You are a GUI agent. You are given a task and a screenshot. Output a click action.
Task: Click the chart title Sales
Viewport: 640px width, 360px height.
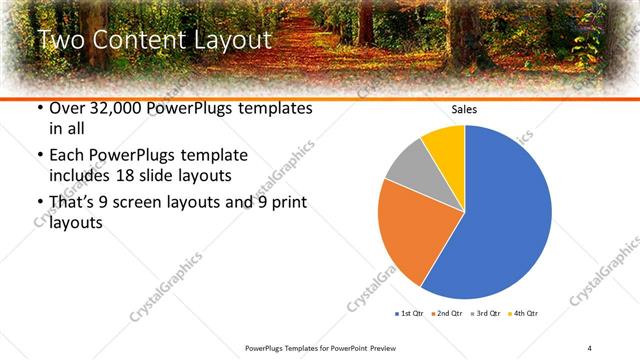[x=464, y=109]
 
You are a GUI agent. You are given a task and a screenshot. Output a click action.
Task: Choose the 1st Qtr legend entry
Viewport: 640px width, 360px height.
[x=408, y=314]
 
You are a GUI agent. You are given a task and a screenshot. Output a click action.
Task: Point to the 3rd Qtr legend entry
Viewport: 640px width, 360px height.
[x=485, y=314]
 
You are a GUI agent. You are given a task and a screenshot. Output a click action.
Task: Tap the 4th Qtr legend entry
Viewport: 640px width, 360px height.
[x=524, y=314]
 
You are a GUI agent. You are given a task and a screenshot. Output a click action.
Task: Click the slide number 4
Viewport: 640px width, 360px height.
[x=590, y=347]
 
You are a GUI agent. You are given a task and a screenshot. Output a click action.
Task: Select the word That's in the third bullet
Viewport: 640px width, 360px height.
[x=72, y=202]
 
